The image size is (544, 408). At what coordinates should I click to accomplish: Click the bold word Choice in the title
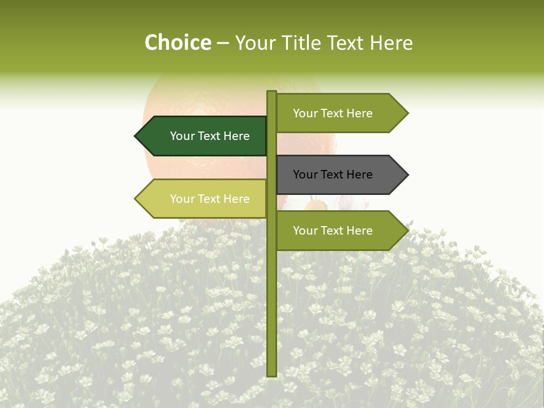click(x=177, y=43)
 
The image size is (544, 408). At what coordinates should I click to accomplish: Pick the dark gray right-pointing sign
click(x=337, y=175)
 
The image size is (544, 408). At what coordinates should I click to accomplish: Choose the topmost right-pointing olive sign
click(x=337, y=113)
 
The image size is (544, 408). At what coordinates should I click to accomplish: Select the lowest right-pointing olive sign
click(x=337, y=231)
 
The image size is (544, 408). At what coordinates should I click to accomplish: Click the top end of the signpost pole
click(x=271, y=92)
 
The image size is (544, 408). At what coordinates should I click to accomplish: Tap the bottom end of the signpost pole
click(x=271, y=375)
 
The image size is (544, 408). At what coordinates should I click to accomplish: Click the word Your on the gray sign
click(x=305, y=175)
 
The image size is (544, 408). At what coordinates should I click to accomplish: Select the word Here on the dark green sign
click(x=236, y=136)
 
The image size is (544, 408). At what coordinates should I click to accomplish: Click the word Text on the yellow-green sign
click(x=209, y=199)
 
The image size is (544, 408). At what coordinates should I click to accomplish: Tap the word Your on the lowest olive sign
click(x=305, y=231)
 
